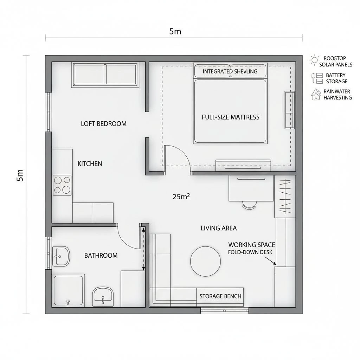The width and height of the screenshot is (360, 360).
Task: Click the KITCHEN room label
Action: click(90, 164)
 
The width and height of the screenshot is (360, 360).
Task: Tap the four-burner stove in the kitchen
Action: click(62, 185)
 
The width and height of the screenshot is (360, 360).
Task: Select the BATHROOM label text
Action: click(101, 255)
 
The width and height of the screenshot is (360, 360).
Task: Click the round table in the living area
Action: click(205, 261)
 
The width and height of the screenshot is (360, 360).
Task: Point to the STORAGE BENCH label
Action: click(220, 296)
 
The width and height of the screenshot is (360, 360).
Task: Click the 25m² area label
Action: click(181, 197)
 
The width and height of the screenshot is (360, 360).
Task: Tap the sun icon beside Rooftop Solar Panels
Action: click(314, 60)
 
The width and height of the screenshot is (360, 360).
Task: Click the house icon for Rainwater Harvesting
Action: click(316, 94)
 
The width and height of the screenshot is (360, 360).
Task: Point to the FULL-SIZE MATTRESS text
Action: click(231, 117)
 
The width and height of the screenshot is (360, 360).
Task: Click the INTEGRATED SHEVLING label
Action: click(230, 71)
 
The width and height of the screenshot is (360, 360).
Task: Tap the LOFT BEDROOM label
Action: click(104, 124)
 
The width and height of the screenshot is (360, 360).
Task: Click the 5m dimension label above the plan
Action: click(175, 31)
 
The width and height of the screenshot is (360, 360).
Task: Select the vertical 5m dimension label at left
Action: click(20, 175)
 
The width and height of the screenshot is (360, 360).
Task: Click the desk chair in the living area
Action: click(250, 205)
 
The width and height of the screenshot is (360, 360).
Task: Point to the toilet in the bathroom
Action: click(103, 296)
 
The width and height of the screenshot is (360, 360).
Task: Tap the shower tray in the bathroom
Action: click(68, 290)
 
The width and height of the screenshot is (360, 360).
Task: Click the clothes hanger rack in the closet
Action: click(285, 196)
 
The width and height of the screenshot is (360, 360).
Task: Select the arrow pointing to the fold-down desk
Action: click(271, 261)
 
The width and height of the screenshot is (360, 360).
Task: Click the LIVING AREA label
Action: click(219, 228)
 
